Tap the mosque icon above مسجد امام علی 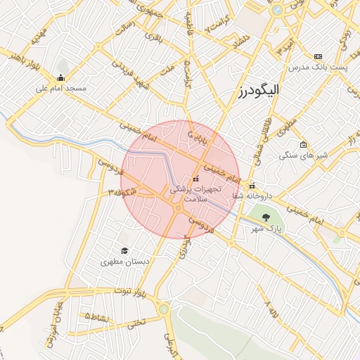(60, 78)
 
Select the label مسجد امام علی (60, 89)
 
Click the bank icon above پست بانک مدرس (318, 56)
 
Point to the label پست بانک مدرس (317, 66)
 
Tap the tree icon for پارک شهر (266, 217)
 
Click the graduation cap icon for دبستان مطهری (124, 250)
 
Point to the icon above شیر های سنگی (303, 145)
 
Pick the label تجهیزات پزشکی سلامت (194, 194)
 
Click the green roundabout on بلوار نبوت (164, 308)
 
